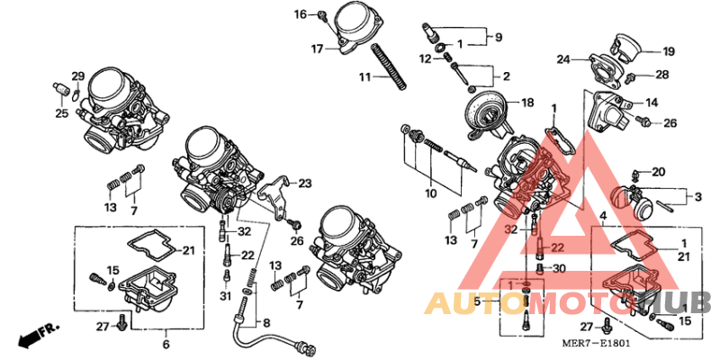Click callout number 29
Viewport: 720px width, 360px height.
point(77,75)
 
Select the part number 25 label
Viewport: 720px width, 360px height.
point(61,113)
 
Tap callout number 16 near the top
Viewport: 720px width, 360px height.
point(301,13)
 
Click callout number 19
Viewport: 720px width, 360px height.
point(669,51)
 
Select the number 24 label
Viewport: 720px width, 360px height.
point(563,60)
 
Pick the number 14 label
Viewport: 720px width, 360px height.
point(652,102)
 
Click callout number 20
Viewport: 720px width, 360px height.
point(659,171)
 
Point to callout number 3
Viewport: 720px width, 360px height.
point(697,195)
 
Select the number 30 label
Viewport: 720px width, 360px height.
point(559,268)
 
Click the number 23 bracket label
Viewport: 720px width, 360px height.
point(305,184)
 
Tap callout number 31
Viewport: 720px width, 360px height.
point(225,297)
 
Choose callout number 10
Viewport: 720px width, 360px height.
point(431,193)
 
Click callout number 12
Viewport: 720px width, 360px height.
point(424,58)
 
